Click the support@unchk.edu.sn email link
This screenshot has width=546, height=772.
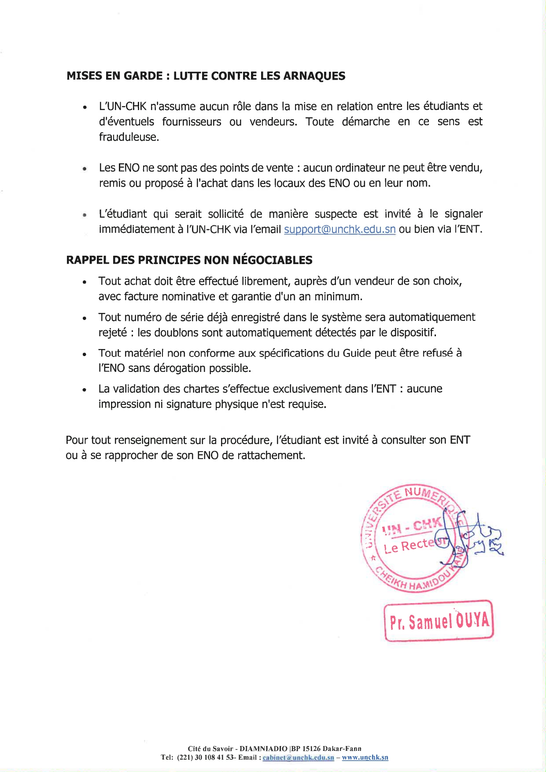(x=339, y=229)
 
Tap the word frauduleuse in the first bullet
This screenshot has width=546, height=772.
(x=128, y=137)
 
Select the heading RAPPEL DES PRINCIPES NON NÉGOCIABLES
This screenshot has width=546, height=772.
(x=189, y=260)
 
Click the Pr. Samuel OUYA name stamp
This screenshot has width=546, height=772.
(x=439, y=621)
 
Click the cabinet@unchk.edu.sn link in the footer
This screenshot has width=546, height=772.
(x=298, y=757)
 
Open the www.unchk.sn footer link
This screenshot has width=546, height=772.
(x=365, y=757)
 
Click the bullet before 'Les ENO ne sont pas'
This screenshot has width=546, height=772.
(x=84, y=169)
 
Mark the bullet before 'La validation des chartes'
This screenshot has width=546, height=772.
(x=84, y=390)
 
